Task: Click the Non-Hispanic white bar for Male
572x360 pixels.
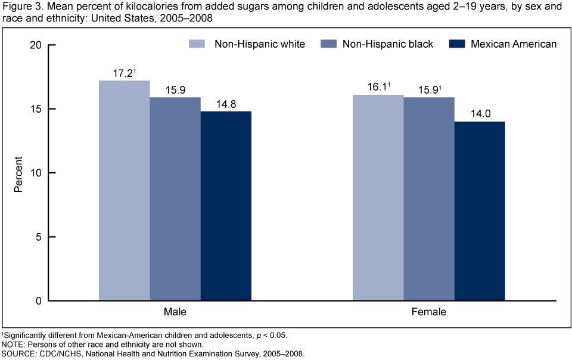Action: [x=124, y=191]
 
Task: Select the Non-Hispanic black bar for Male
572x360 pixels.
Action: [x=175, y=199]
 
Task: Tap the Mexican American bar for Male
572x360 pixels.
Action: [x=226, y=206]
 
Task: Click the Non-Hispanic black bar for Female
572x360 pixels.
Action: [x=429, y=199]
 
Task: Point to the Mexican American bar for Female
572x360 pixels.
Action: [x=480, y=211]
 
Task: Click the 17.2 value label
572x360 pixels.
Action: [x=123, y=73]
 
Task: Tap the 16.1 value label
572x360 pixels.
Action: [x=377, y=88]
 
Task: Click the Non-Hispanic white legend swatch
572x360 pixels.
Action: [x=197, y=44]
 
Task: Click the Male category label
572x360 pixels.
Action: [x=175, y=312]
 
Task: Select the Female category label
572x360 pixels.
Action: [x=429, y=312]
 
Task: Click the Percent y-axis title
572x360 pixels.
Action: [x=18, y=173]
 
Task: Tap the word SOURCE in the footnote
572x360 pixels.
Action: [x=17, y=354]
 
